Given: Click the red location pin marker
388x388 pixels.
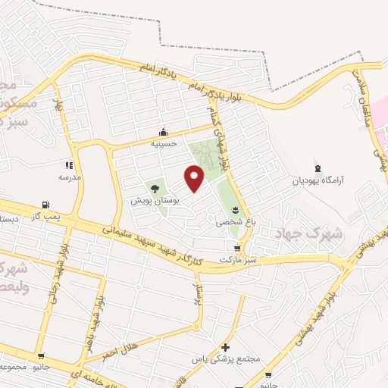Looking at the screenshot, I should [x=195, y=177].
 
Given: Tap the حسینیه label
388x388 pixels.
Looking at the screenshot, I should [x=163, y=143].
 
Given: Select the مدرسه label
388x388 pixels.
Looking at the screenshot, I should [x=70, y=177].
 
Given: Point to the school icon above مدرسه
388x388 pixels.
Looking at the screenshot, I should [x=70, y=164].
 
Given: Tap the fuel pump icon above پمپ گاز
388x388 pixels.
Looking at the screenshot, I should [x=47, y=205].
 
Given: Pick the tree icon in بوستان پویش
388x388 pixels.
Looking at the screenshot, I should [x=155, y=188].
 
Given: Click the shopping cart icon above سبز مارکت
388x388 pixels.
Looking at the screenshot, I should [x=238, y=248].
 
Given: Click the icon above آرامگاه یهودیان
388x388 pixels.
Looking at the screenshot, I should [x=318, y=167].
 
